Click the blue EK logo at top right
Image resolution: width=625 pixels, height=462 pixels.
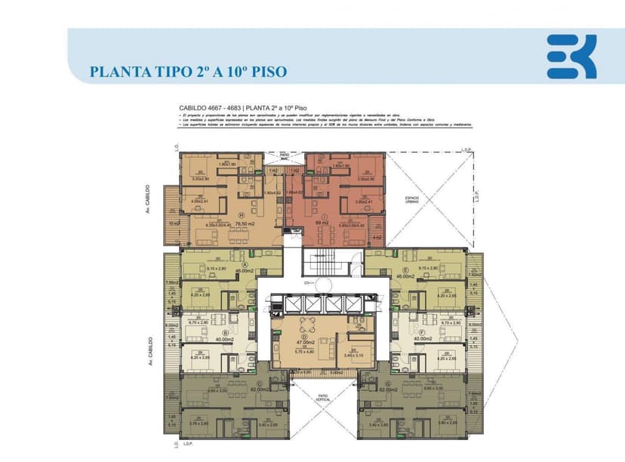571,57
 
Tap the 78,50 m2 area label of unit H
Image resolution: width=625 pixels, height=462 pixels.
245,223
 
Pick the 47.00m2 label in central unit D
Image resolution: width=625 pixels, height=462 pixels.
303,343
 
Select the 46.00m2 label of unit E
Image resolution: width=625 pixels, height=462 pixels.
405,276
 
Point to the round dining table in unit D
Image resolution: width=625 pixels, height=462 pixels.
306,326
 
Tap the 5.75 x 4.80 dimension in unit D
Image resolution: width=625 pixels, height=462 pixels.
303,352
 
